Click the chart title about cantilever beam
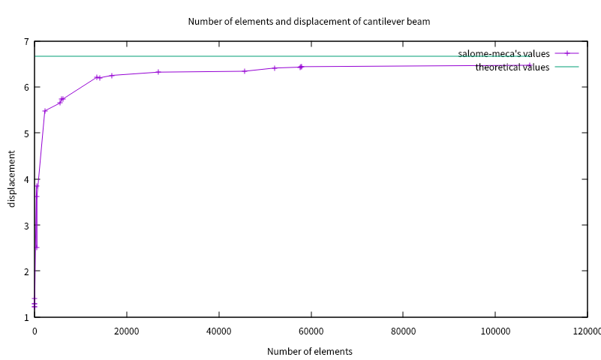[308, 21]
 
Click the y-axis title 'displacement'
[12, 178]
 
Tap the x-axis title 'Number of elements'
[309, 351]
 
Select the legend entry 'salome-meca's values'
[504, 54]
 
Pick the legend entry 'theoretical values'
[512, 67]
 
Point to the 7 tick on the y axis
[26, 41]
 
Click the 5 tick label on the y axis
[26, 133]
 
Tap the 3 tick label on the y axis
[26, 225]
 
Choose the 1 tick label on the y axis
[26, 317]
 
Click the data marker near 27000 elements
[158, 72]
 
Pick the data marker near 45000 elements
[245, 71]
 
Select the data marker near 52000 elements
[275, 68]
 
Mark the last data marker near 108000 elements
[530, 65]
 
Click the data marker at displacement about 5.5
[45, 111]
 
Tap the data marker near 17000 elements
[112, 76]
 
